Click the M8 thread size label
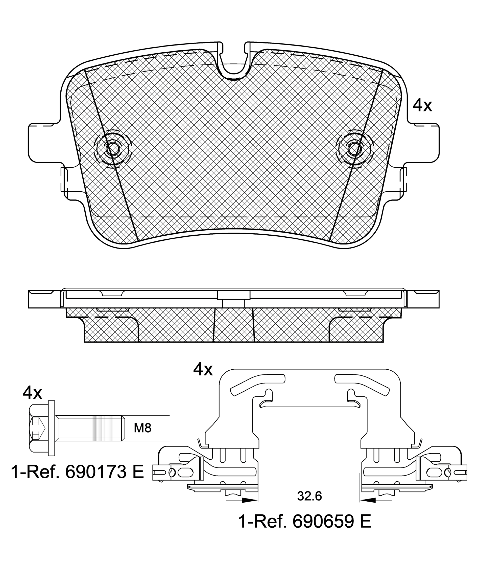[x=143, y=428]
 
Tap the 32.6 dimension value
[x=309, y=497]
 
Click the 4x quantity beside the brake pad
[x=422, y=105]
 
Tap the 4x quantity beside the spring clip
[x=203, y=369]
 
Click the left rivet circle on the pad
[x=113, y=149]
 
